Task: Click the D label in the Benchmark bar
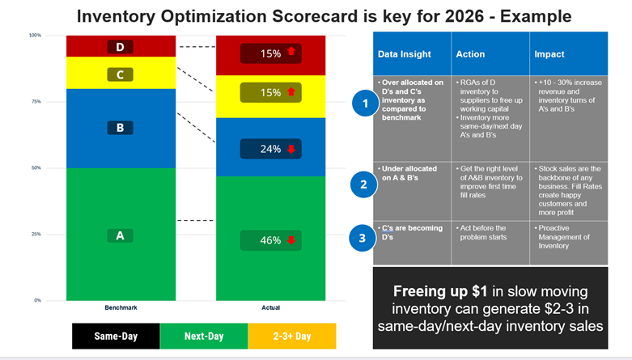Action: coord(120,47)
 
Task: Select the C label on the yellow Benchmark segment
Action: coord(120,75)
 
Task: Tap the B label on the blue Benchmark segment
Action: coord(120,128)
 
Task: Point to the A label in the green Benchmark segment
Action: coord(120,235)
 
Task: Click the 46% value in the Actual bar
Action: coord(270,240)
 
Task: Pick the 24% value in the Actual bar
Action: coord(270,149)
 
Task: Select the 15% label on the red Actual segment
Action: coord(270,53)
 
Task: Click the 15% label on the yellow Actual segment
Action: coord(270,93)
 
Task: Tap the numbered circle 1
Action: coord(364,104)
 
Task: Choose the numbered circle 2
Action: coord(364,185)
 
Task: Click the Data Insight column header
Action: coord(404,54)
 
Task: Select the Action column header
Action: coord(470,54)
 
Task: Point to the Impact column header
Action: coord(550,54)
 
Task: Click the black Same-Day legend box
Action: coord(115,335)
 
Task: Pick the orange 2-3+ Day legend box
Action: coord(291,335)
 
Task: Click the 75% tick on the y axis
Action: coord(36,102)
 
